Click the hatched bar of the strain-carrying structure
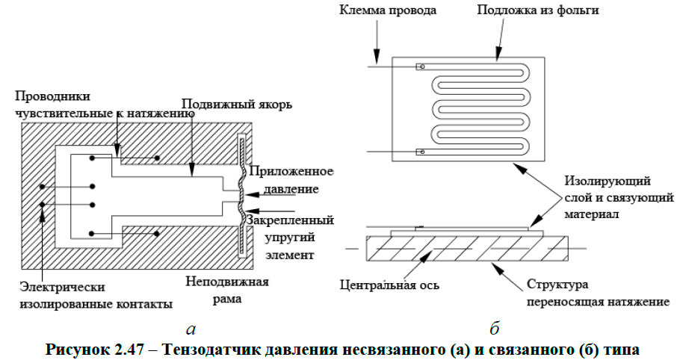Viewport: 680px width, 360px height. click(x=467, y=248)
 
